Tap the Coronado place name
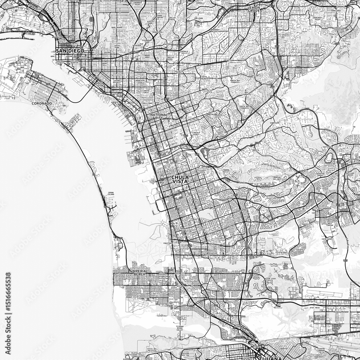42,103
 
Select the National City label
157,116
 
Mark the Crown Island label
111,194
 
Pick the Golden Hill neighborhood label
107,53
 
